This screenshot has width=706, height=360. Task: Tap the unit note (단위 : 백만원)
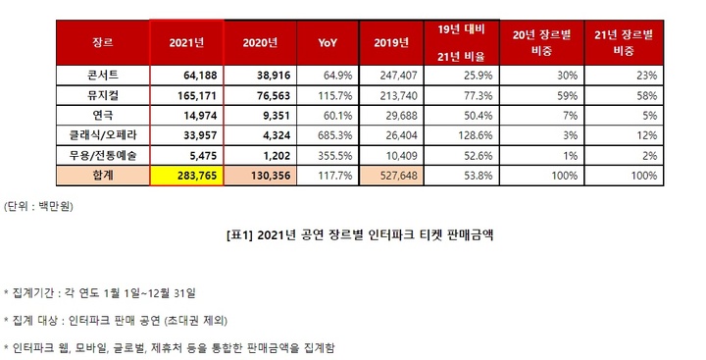(39, 206)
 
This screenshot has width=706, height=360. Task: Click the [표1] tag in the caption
(239, 234)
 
